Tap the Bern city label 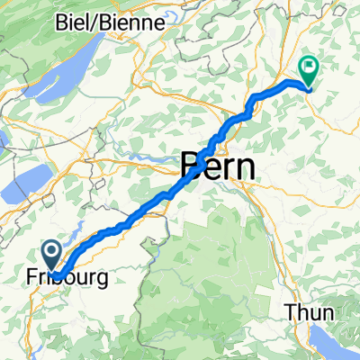(x=218, y=166)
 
